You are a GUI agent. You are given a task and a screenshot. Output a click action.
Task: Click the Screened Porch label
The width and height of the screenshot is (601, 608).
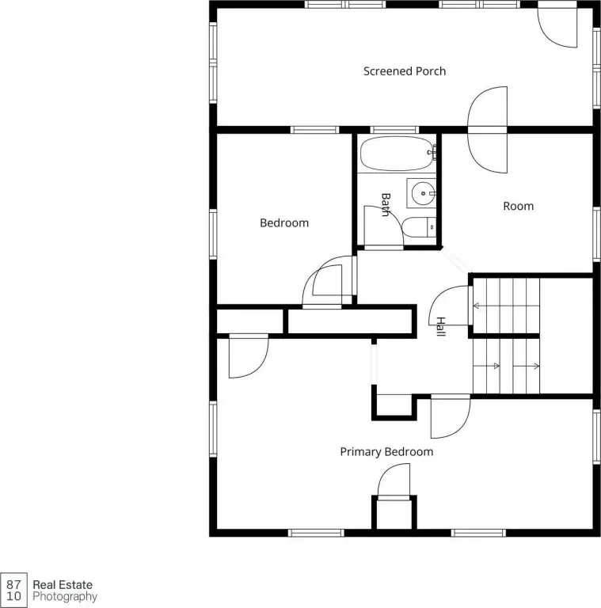coord(405,71)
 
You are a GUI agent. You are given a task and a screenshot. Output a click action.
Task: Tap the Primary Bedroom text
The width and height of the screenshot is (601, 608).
coord(386,452)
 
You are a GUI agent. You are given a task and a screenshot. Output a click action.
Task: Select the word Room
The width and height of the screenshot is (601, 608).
coord(518,206)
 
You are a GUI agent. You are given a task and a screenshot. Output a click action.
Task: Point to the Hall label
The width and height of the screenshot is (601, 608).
coord(441,326)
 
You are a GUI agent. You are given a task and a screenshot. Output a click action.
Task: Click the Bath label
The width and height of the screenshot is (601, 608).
coord(386,204)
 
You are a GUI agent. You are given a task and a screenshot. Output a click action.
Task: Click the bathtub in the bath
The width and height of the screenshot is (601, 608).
coord(397,153)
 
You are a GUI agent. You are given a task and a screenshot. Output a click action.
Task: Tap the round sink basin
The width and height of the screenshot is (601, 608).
coord(423,193)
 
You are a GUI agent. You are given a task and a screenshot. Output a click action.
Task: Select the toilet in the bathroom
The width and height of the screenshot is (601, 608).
coord(419,227)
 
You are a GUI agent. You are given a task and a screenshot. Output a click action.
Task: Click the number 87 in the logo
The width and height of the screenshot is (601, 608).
coord(13,584)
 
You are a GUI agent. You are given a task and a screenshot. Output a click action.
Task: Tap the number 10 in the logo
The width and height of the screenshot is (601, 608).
coord(13,596)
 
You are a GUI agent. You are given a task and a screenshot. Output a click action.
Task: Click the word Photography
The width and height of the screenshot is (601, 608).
coord(65,597)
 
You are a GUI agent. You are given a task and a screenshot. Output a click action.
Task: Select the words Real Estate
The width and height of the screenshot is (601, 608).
coord(63,584)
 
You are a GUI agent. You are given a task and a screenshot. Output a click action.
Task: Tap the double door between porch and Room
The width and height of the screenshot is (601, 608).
coord(488,130)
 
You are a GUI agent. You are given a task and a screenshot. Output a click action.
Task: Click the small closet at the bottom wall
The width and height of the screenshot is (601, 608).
coord(394,514)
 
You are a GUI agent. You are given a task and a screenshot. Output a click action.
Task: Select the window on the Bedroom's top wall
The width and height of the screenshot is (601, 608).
coord(315,130)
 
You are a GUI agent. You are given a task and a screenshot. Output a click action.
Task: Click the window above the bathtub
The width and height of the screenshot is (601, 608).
coord(394,130)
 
